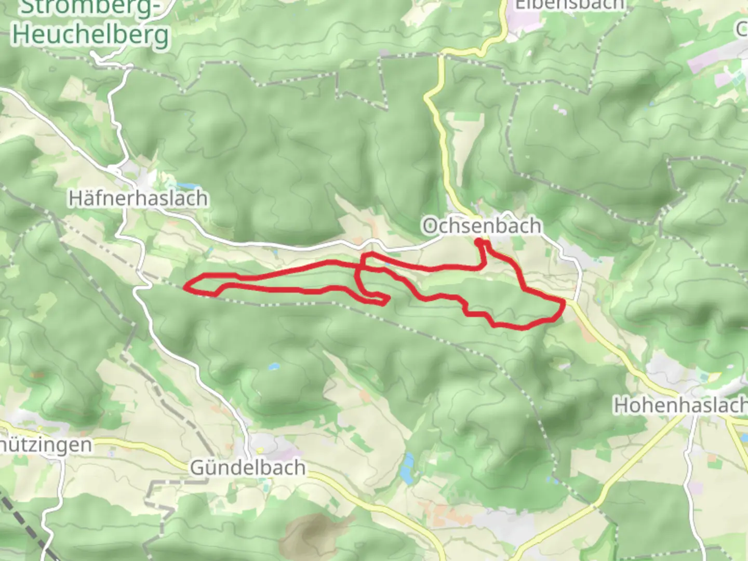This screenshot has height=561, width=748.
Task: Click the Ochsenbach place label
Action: [x=482, y=226]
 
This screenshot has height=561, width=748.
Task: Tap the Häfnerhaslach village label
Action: [x=138, y=198]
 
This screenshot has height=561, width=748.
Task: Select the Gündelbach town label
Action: [x=248, y=468]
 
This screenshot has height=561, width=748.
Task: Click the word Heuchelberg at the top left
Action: [x=91, y=34]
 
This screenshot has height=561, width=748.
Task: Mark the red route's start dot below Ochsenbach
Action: [x=478, y=241]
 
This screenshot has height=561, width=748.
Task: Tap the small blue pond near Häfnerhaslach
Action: [x=188, y=185]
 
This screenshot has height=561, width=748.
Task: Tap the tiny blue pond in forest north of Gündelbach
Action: [x=272, y=367]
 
